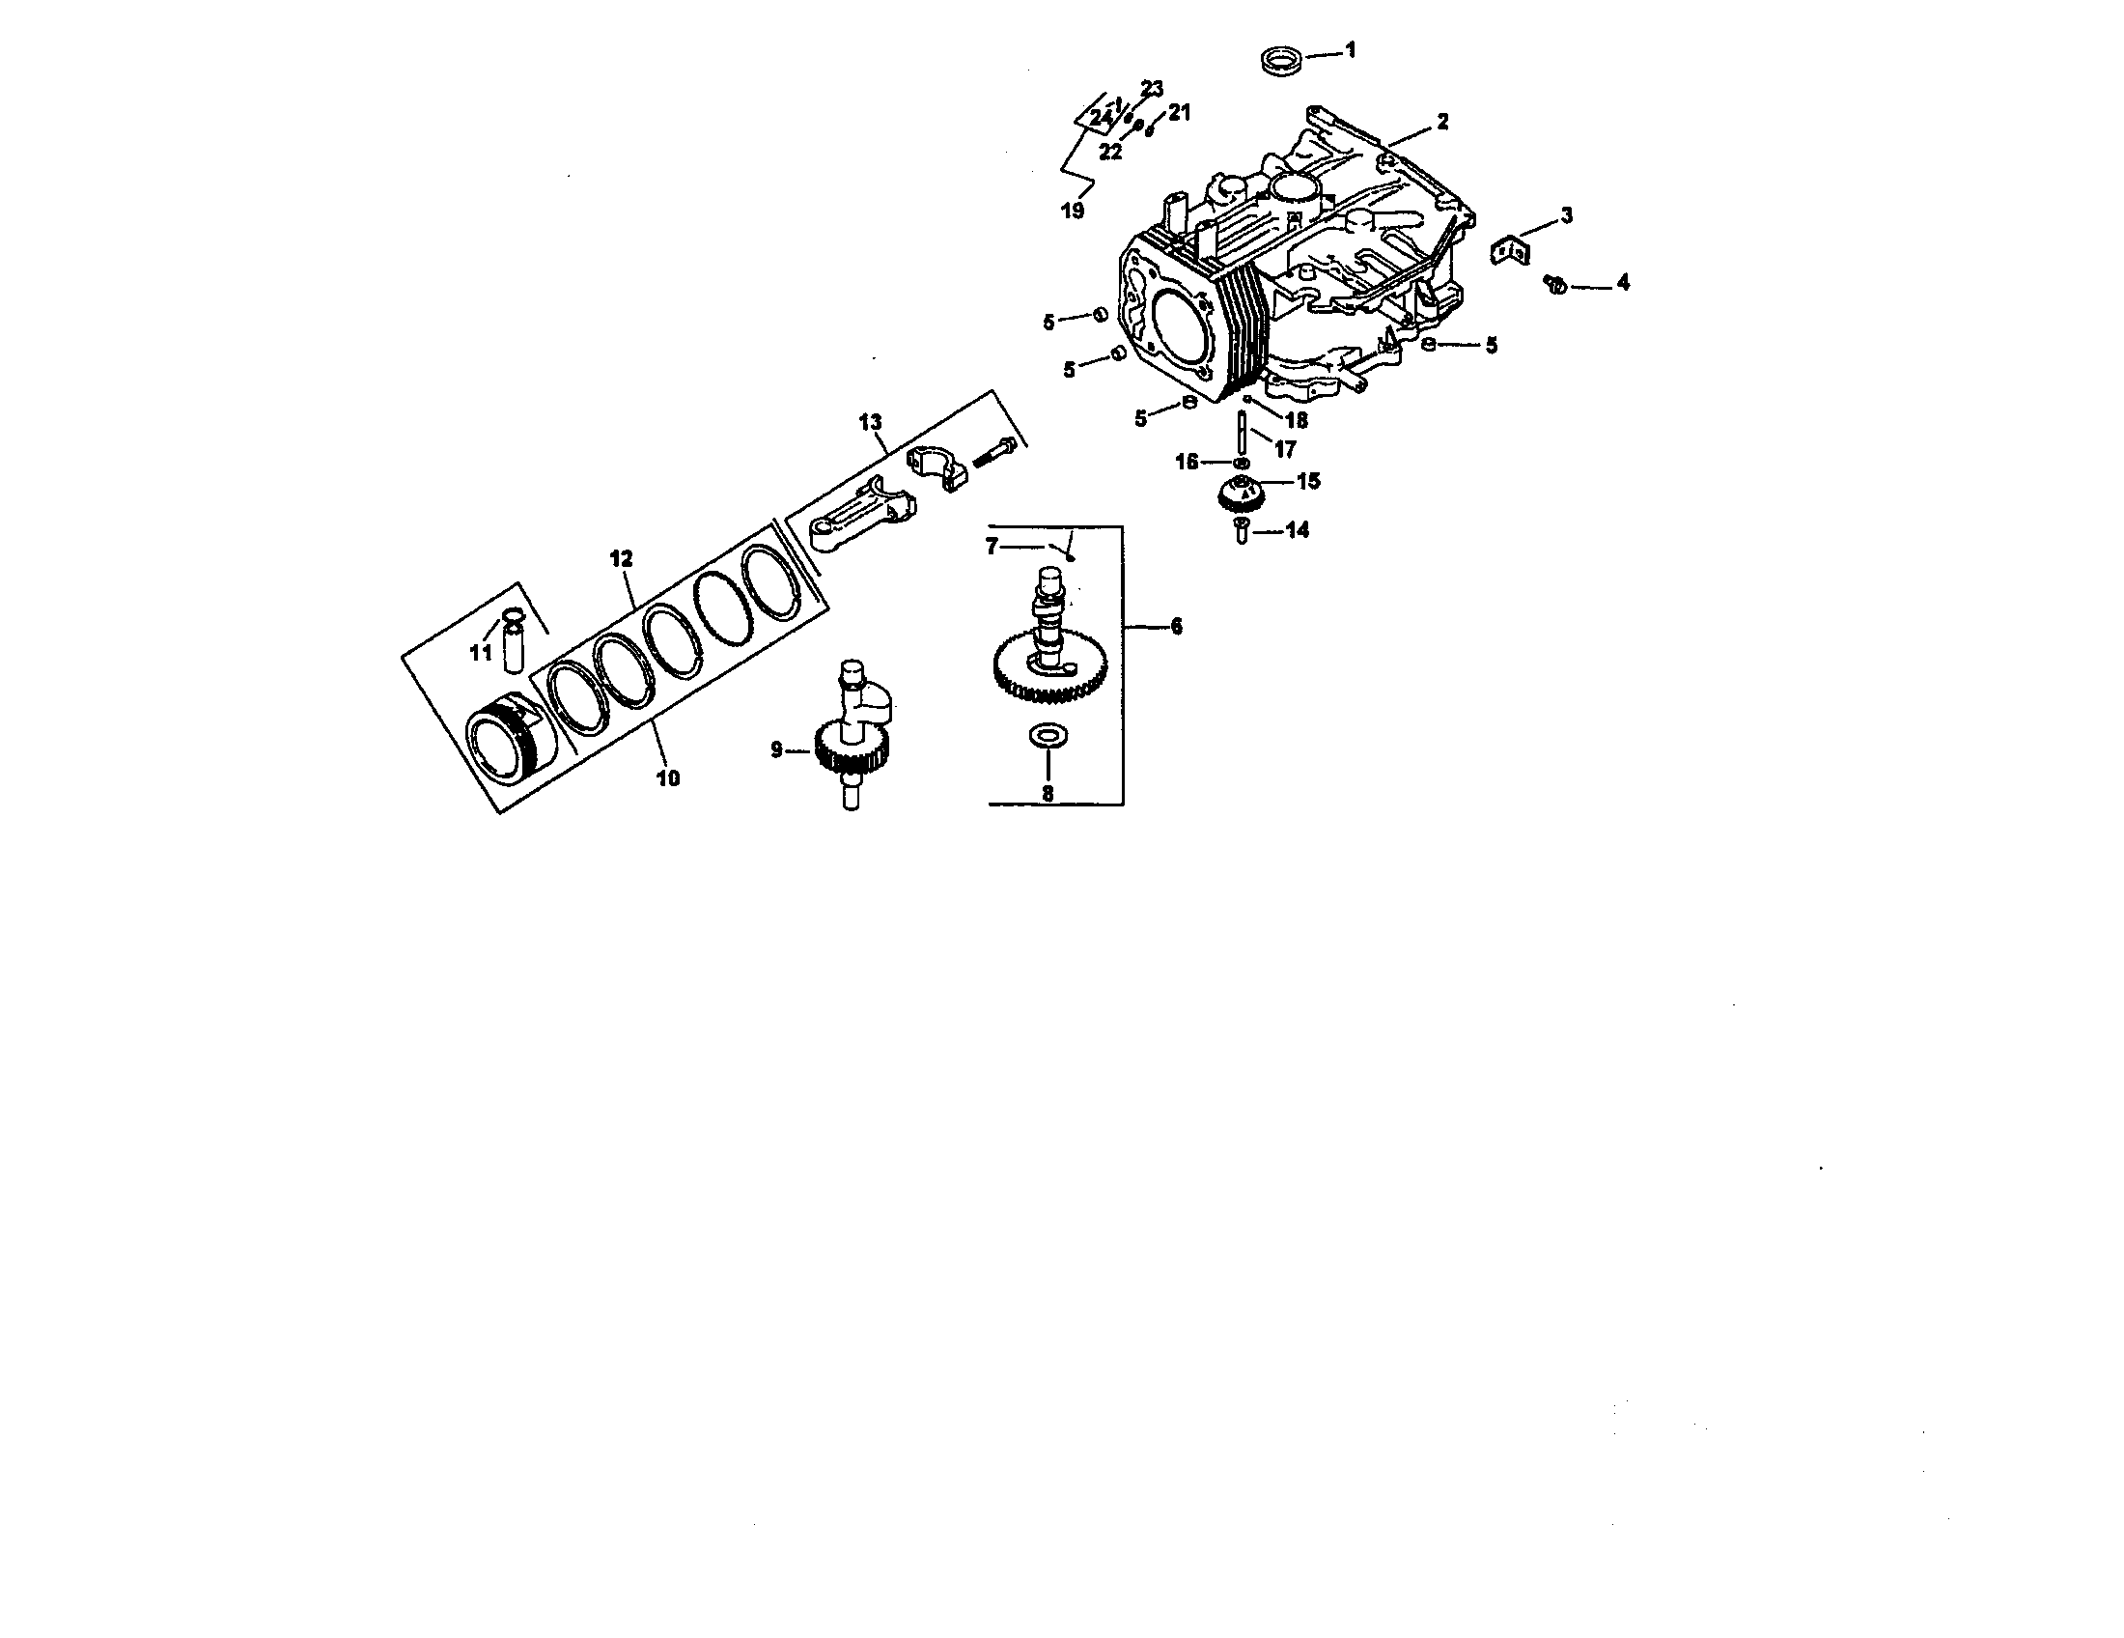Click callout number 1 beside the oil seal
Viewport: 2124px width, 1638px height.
[1349, 49]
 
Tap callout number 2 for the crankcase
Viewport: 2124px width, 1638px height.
[1442, 122]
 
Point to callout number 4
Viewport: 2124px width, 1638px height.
[1622, 283]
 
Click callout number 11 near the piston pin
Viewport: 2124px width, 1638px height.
[481, 653]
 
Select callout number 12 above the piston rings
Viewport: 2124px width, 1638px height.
[621, 558]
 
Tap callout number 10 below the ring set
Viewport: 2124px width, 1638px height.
[668, 777]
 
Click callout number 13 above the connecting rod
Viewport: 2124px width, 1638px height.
[870, 422]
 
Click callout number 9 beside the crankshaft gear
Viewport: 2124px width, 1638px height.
[776, 748]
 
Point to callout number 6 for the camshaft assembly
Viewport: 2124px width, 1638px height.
[1176, 627]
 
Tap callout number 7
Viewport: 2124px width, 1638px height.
[992, 547]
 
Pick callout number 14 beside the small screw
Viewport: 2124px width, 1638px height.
[1298, 530]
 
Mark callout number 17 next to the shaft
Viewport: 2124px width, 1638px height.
[1285, 449]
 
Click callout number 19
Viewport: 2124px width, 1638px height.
[1072, 211]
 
